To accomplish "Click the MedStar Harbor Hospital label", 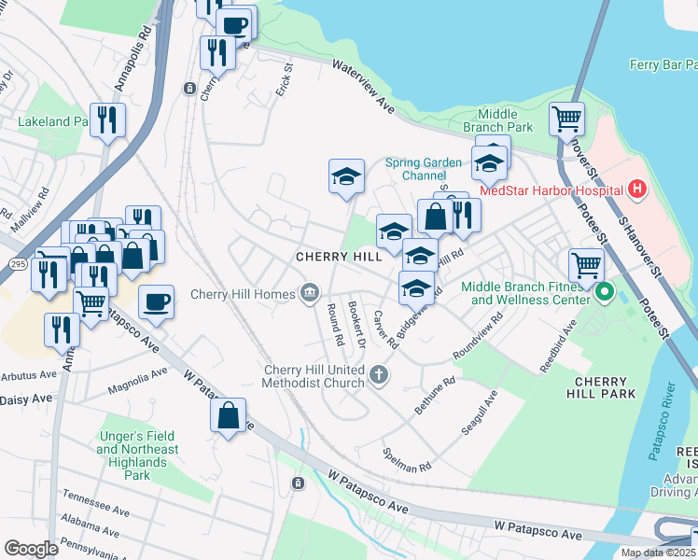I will (551, 190).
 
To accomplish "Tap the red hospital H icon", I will (637, 189).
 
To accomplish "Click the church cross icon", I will (378, 375).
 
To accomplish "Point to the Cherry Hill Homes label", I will (243, 294).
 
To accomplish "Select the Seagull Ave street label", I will (479, 413).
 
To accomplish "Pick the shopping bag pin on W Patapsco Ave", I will (229, 416).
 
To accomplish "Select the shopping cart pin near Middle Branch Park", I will (566, 119).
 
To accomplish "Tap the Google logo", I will (31, 549).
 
